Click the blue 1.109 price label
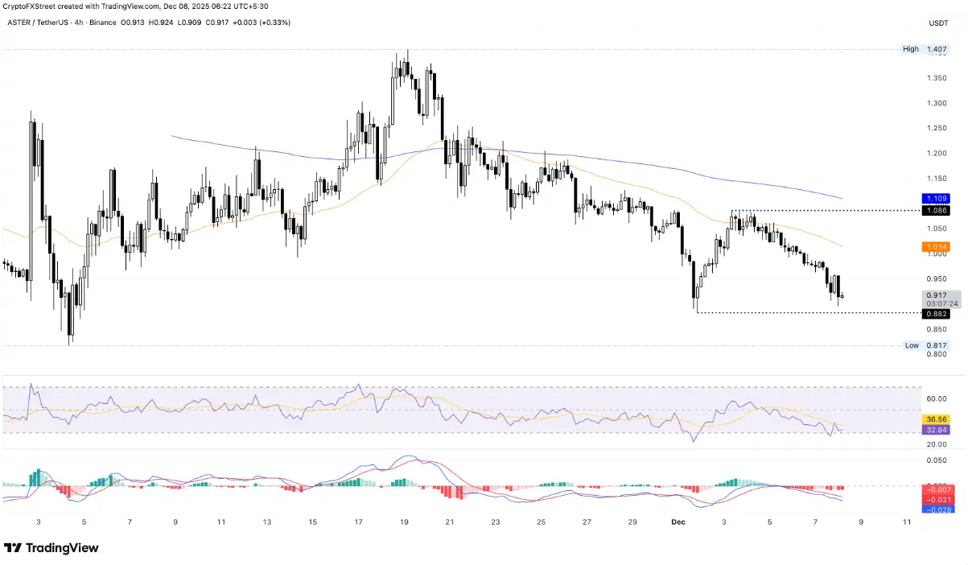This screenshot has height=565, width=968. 936,197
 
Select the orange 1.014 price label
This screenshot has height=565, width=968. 936,247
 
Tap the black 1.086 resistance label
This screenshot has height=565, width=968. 936,210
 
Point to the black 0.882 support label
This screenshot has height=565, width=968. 936,313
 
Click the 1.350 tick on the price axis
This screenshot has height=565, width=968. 936,78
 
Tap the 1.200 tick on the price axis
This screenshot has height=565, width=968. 936,153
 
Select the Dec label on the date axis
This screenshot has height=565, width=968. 678,522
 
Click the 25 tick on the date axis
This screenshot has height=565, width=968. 542,522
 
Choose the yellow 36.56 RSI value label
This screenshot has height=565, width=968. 936,419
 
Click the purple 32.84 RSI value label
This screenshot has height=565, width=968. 936,430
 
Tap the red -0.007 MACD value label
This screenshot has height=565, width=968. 936,489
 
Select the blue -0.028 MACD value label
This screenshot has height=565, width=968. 936,510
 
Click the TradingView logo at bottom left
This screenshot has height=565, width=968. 51,548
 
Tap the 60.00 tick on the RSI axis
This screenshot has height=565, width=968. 936,398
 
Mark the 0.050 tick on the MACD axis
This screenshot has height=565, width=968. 936,460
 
